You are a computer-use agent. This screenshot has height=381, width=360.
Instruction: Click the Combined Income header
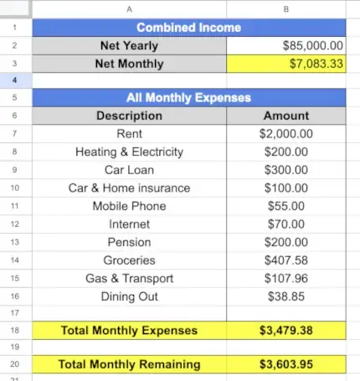click(188, 28)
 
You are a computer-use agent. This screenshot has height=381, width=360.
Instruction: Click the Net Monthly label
click(129, 64)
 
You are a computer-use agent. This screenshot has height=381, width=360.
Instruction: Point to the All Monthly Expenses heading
click(188, 98)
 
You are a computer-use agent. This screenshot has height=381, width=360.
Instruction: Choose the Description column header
click(129, 116)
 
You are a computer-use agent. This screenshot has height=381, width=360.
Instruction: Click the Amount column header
click(285, 116)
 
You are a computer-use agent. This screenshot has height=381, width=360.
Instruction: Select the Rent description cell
click(129, 134)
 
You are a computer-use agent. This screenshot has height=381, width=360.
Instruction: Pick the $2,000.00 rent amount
click(285, 134)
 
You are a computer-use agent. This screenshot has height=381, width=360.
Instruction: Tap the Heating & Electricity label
click(129, 152)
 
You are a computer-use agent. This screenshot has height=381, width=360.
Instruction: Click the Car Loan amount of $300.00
click(285, 170)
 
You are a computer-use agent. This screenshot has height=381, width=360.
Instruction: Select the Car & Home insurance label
click(129, 188)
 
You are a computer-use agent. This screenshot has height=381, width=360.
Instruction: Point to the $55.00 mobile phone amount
click(285, 206)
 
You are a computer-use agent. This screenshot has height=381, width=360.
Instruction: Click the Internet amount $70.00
click(285, 224)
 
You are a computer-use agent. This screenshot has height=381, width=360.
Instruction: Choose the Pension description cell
click(129, 243)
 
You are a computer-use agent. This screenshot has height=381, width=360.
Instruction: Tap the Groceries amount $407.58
click(285, 260)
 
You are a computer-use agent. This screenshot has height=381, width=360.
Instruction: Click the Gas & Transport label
click(129, 279)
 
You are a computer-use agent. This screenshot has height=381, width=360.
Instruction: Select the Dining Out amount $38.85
click(285, 296)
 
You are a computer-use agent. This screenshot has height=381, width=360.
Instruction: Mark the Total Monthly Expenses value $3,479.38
click(285, 331)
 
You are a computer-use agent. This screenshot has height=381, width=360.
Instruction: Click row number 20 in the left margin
click(16, 364)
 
